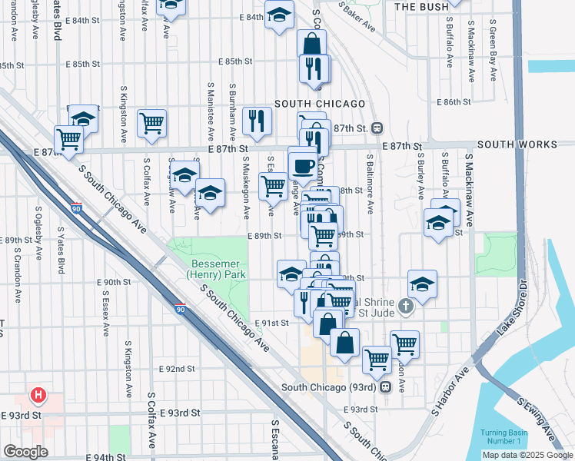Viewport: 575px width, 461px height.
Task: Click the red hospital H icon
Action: pos(36,396)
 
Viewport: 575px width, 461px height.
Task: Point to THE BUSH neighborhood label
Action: pos(417,6)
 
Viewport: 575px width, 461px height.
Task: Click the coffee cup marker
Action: pos(302,164)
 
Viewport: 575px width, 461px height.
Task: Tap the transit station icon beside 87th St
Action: pos(377,128)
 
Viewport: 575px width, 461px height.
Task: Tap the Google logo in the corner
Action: pos(25,451)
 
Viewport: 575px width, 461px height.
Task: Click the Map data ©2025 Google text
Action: pos(527,455)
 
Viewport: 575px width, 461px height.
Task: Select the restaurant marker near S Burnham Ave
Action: pos(256,120)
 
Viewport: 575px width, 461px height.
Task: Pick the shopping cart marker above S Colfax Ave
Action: pos(152,122)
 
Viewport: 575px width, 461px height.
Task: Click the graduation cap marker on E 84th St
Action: pos(279,15)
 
